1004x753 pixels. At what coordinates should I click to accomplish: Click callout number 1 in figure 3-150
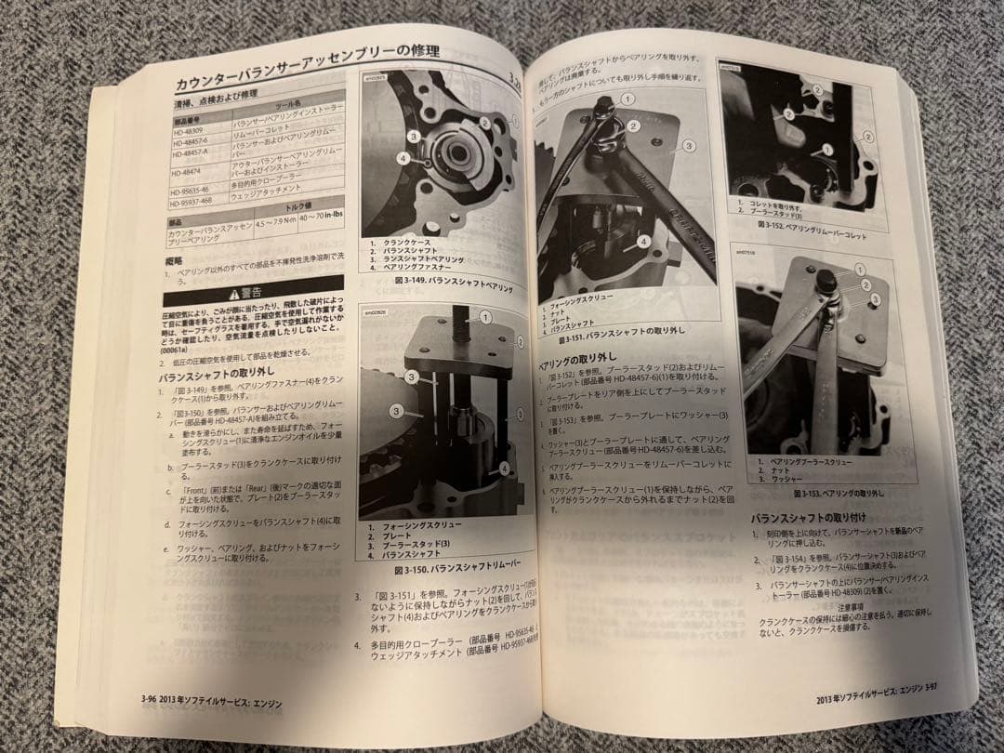point(485,318)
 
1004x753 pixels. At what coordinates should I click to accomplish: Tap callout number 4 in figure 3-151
point(642,240)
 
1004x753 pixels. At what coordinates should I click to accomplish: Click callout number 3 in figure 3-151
point(689,146)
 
